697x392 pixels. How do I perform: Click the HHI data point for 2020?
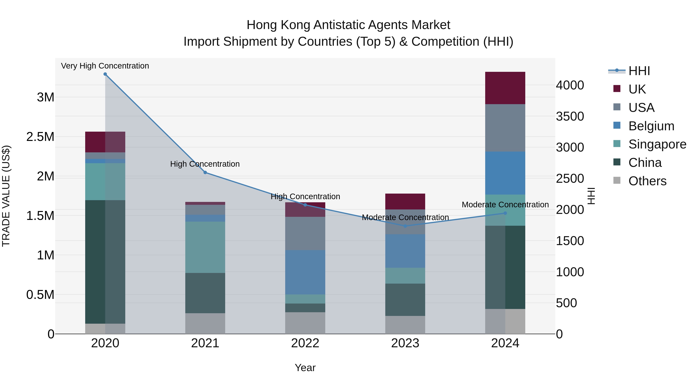105,74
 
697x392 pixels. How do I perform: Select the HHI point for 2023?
405,226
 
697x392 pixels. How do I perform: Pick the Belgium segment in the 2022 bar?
305,272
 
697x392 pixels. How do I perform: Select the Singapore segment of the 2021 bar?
205,247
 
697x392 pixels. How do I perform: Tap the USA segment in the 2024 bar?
505,128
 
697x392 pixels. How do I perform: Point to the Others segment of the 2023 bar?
405,325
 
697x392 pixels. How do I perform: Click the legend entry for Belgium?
651,126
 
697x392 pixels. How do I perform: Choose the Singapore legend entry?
657,144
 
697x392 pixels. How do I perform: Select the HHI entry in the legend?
639,71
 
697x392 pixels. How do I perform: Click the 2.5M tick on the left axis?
40,137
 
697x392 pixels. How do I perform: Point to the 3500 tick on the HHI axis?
570,117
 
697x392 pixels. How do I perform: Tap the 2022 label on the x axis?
305,343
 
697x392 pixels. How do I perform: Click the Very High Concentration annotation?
105,66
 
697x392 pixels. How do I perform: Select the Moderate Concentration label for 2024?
505,205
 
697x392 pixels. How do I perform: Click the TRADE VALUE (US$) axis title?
6,196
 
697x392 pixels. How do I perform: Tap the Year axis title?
305,368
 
